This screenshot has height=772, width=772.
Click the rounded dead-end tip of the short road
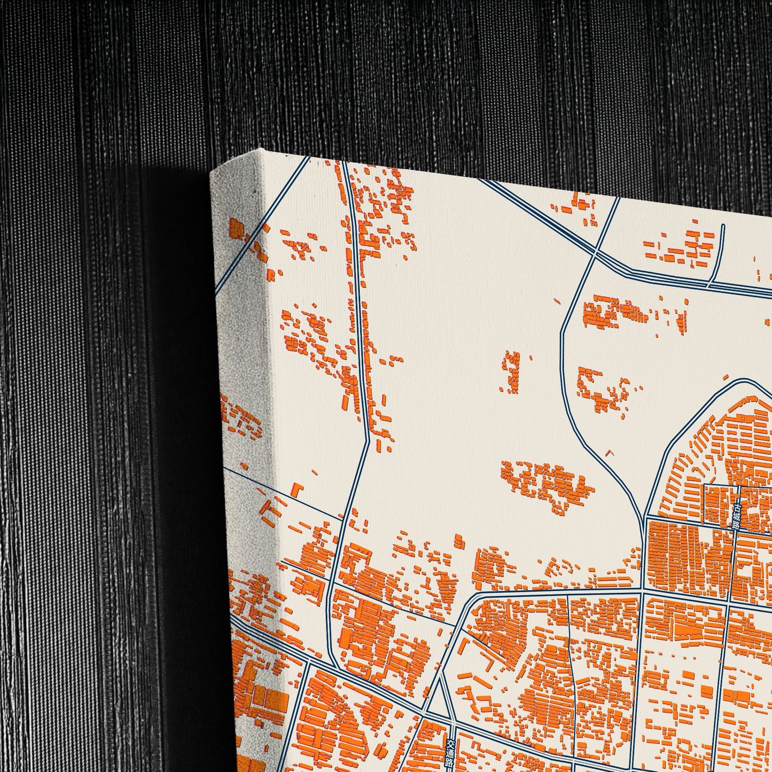click(722, 226)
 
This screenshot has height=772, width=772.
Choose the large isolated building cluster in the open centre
click(545, 484)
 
